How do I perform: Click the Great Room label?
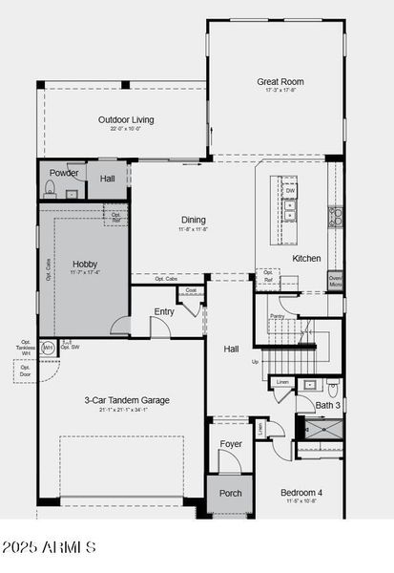(280, 82)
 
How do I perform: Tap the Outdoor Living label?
(125, 120)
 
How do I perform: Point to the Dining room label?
(193, 220)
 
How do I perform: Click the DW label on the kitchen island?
(290, 191)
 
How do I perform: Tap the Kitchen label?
(306, 259)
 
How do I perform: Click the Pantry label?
(277, 315)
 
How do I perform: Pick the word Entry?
(164, 311)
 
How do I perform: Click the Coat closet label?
(191, 290)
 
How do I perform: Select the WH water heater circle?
(48, 348)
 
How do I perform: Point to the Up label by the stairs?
(255, 362)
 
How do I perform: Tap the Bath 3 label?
(327, 405)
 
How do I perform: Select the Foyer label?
(232, 444)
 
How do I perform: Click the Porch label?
(231, 493)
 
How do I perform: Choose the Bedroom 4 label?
(301, 493)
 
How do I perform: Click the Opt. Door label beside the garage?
(25, 371)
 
